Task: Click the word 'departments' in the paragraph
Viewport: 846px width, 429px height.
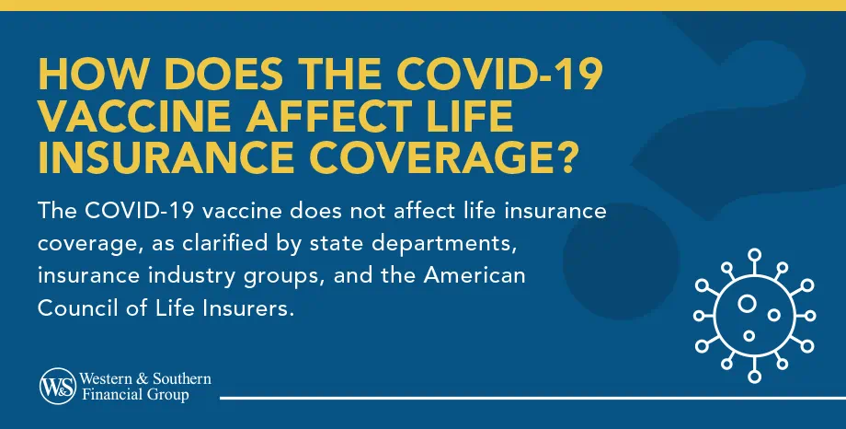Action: (x=438, y=244)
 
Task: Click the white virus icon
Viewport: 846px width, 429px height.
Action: (x=752, y=312)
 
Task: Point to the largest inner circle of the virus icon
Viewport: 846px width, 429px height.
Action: (x=746, y=303)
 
